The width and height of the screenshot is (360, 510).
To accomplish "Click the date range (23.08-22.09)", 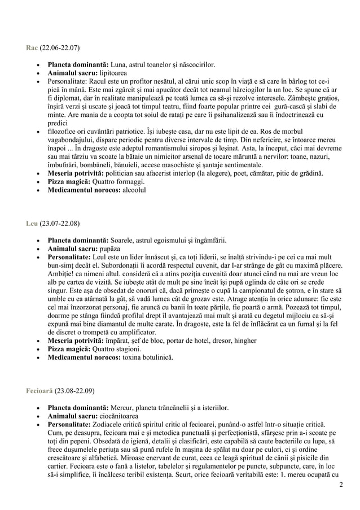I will pyautogui.click(x=74, y=391).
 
